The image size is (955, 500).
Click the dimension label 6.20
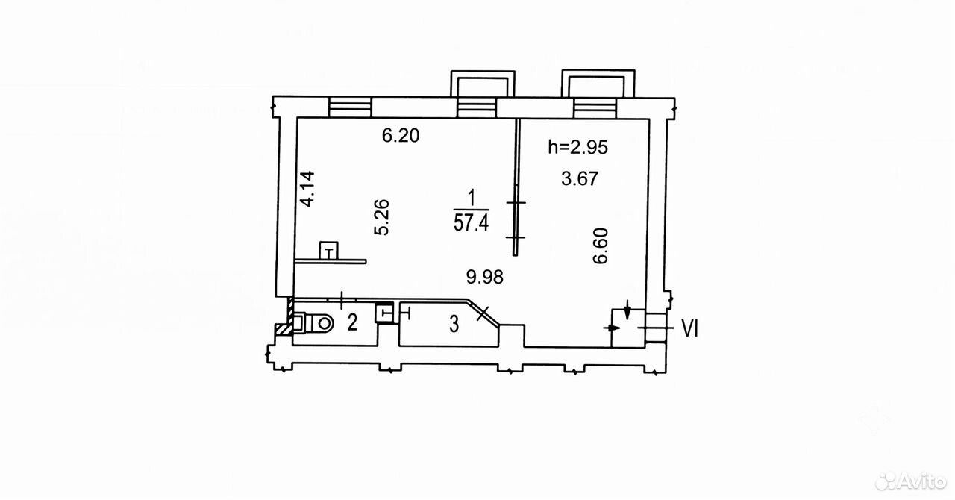coord(401,136)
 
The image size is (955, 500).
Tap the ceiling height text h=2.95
coord(577,147)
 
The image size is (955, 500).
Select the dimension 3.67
coord(580,178)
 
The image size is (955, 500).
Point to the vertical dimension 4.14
coord(308,189)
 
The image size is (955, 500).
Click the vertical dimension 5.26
coord(381,216)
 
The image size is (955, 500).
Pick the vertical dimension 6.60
coord(601,246)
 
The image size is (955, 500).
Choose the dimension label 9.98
coord(485,277)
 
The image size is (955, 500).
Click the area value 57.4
coord(471,222)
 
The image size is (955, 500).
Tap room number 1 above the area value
coord(472,198)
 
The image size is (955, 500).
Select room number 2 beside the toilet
coord(352,322)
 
